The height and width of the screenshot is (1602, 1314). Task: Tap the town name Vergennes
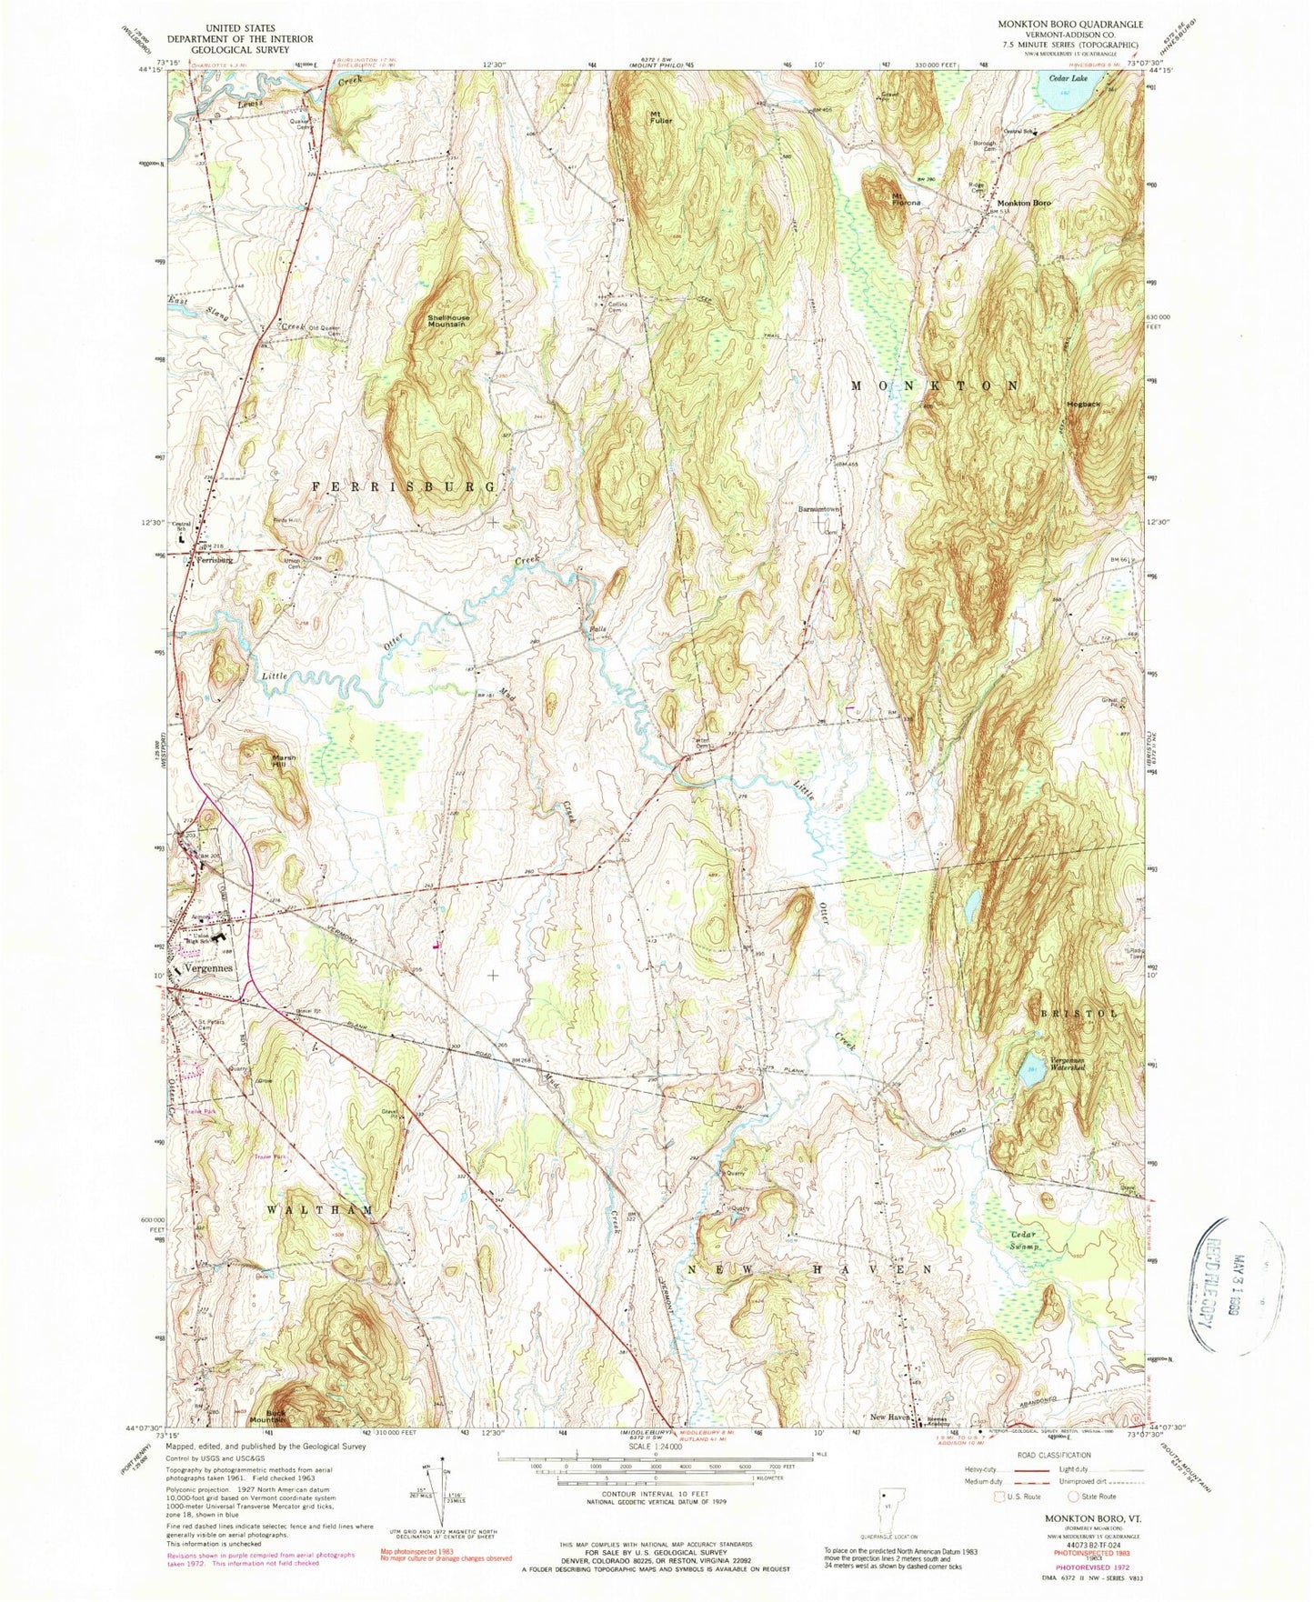click(208, 968)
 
